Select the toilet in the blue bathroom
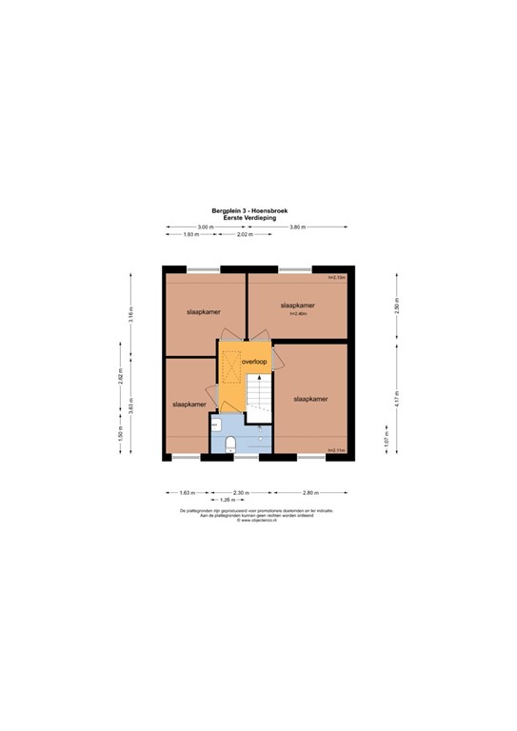click(x=231, y=442)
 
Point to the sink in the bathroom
click(x=216, y=425)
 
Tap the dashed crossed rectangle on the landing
click(x=231, y=365)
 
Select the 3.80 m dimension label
click(x=297, y=227)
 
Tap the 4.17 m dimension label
click(x=398, y=400)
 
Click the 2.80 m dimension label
click(x=310, y=492)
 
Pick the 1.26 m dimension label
click(x=227, y=500)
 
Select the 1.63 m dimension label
click(x=186, y=492)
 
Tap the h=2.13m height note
click(x=334, y=277)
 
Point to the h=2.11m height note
click(x=334, y=451)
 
